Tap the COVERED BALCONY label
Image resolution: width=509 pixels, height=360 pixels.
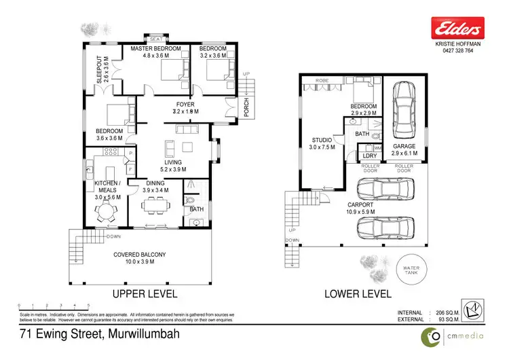tap(138, 257)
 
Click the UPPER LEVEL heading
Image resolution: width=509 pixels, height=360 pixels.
tap(145, 294)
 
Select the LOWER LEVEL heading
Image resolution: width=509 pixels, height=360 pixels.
tap(357, 294)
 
